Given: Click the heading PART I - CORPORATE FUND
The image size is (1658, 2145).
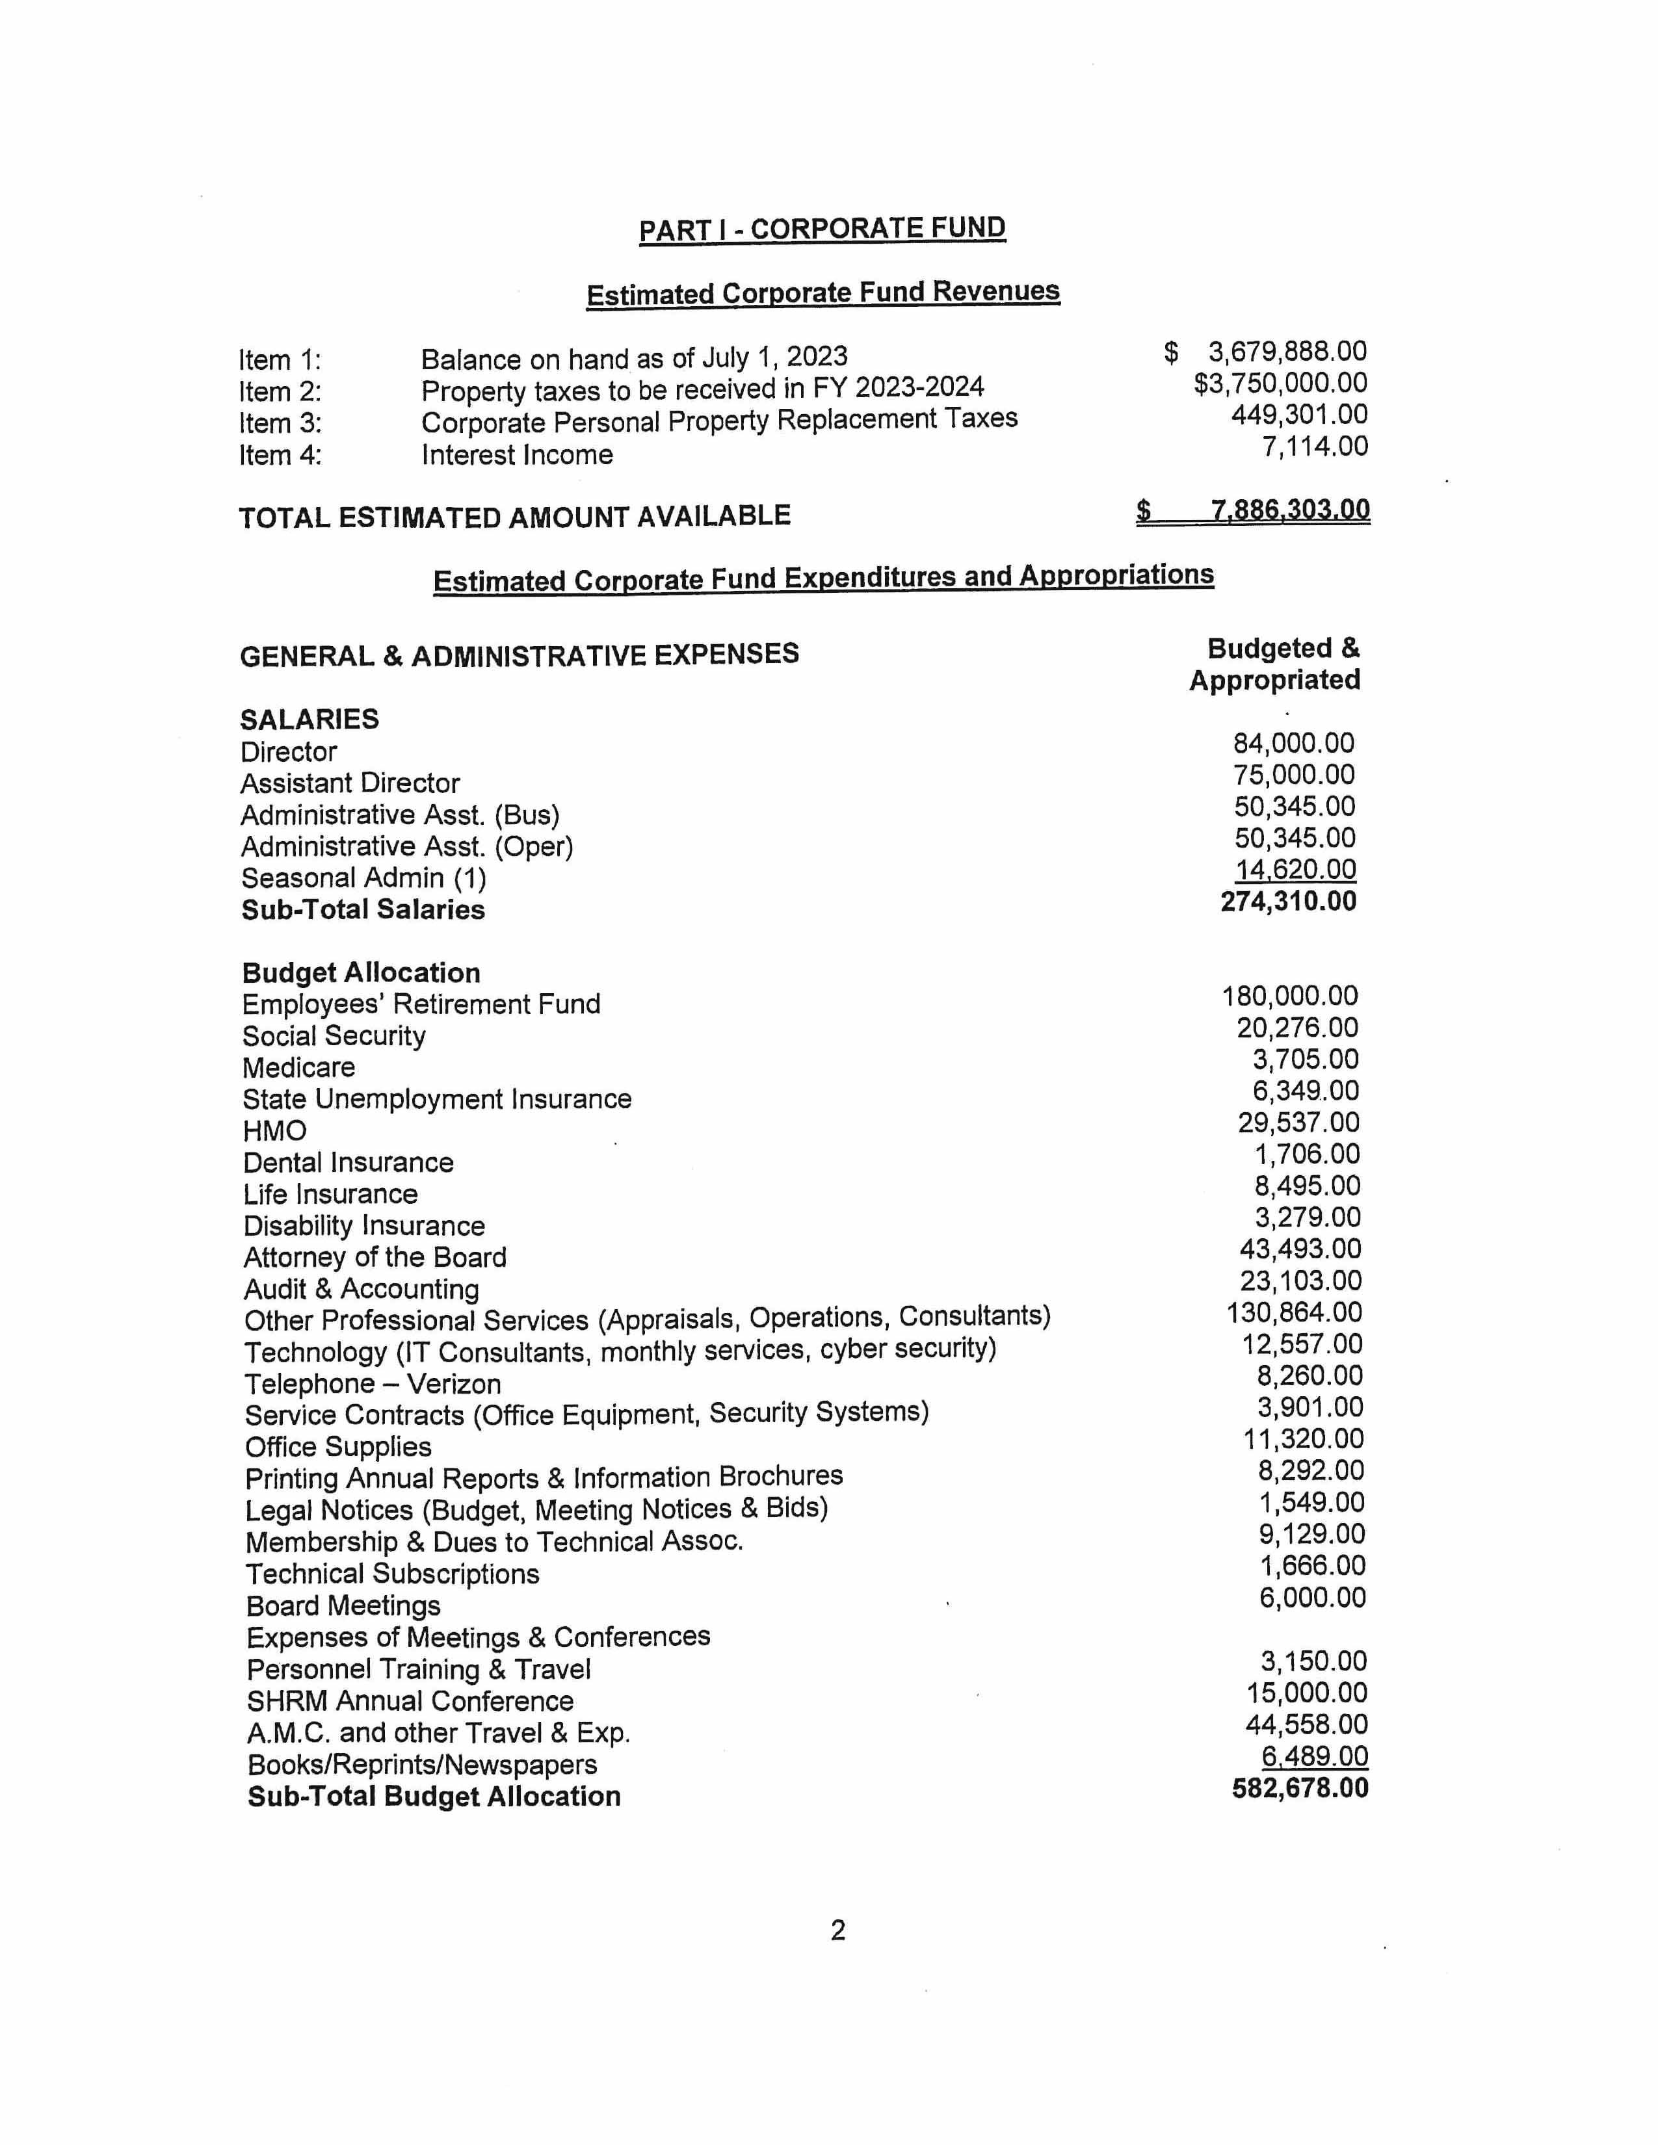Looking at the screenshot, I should coord(822,229).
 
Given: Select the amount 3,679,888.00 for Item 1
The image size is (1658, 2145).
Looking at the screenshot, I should coord(1287,352).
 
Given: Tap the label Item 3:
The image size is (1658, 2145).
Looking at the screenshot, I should coord(280,423).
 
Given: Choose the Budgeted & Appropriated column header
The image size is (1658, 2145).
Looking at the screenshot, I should coord(1275,664).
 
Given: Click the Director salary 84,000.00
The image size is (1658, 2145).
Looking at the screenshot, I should coord(1294,744).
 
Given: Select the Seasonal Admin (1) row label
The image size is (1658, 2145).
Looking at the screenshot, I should coord(363,878).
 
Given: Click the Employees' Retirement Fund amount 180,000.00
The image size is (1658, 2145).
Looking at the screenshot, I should coord(1290,997).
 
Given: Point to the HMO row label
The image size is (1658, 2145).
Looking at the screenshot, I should coord(275,1132).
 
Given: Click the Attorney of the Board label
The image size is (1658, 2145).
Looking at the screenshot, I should coord(375,1258).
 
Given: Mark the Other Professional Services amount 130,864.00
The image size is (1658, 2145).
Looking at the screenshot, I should coord(1294,1313).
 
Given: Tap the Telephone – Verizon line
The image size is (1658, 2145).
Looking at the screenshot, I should coord(373,1384).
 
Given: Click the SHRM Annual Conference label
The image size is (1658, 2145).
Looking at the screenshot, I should coord(410,1701).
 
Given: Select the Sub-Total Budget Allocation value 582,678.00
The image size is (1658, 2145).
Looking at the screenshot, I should coord(1300,1789).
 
